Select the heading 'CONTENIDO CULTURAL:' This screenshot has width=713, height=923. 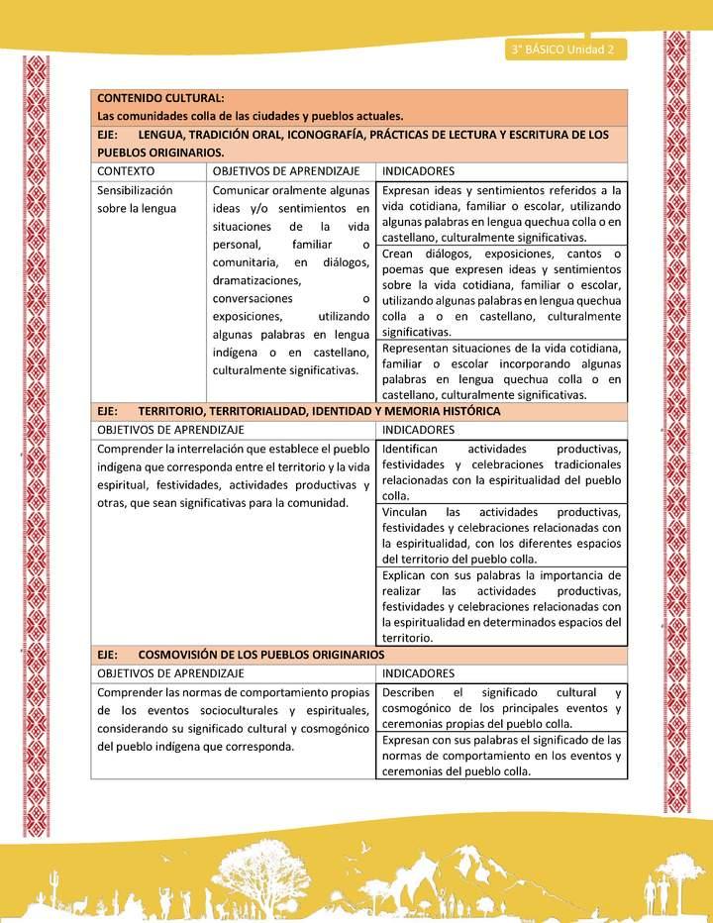(x=159, y=98)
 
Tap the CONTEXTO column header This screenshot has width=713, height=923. (x=126, y=171)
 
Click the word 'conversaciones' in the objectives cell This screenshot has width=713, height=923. (x=254, y=298)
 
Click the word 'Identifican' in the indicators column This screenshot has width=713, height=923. (x=410, y=450)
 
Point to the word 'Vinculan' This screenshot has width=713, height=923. (x=405, y=512)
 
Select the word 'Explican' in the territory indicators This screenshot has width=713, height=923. (x=405, y=574)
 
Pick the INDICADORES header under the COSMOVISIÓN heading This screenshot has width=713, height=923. (x=418, y=672)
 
